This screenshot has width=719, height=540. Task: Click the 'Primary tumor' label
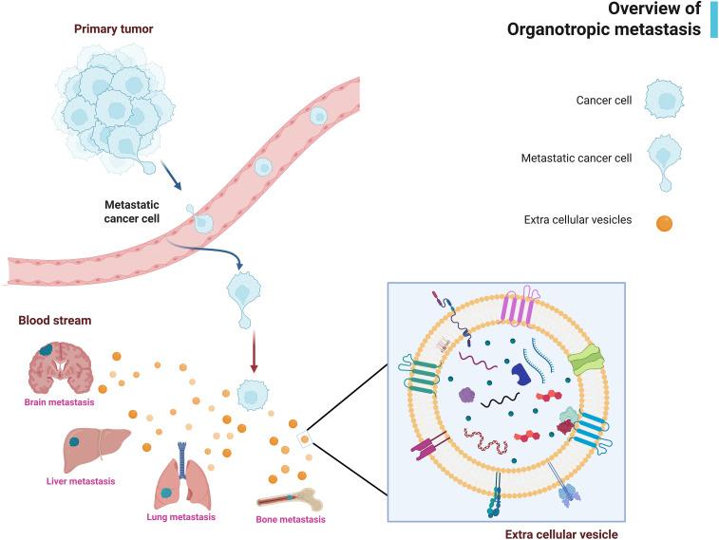click(113, 28)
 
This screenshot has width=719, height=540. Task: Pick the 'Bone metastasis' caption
click(291, 519)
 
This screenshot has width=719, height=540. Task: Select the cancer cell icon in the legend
click(664, 100)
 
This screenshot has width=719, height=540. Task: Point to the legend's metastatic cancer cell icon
click(664, 161)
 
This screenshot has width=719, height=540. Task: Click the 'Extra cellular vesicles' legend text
click(577, 221)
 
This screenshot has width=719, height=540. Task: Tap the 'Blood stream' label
click(55, 319)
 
